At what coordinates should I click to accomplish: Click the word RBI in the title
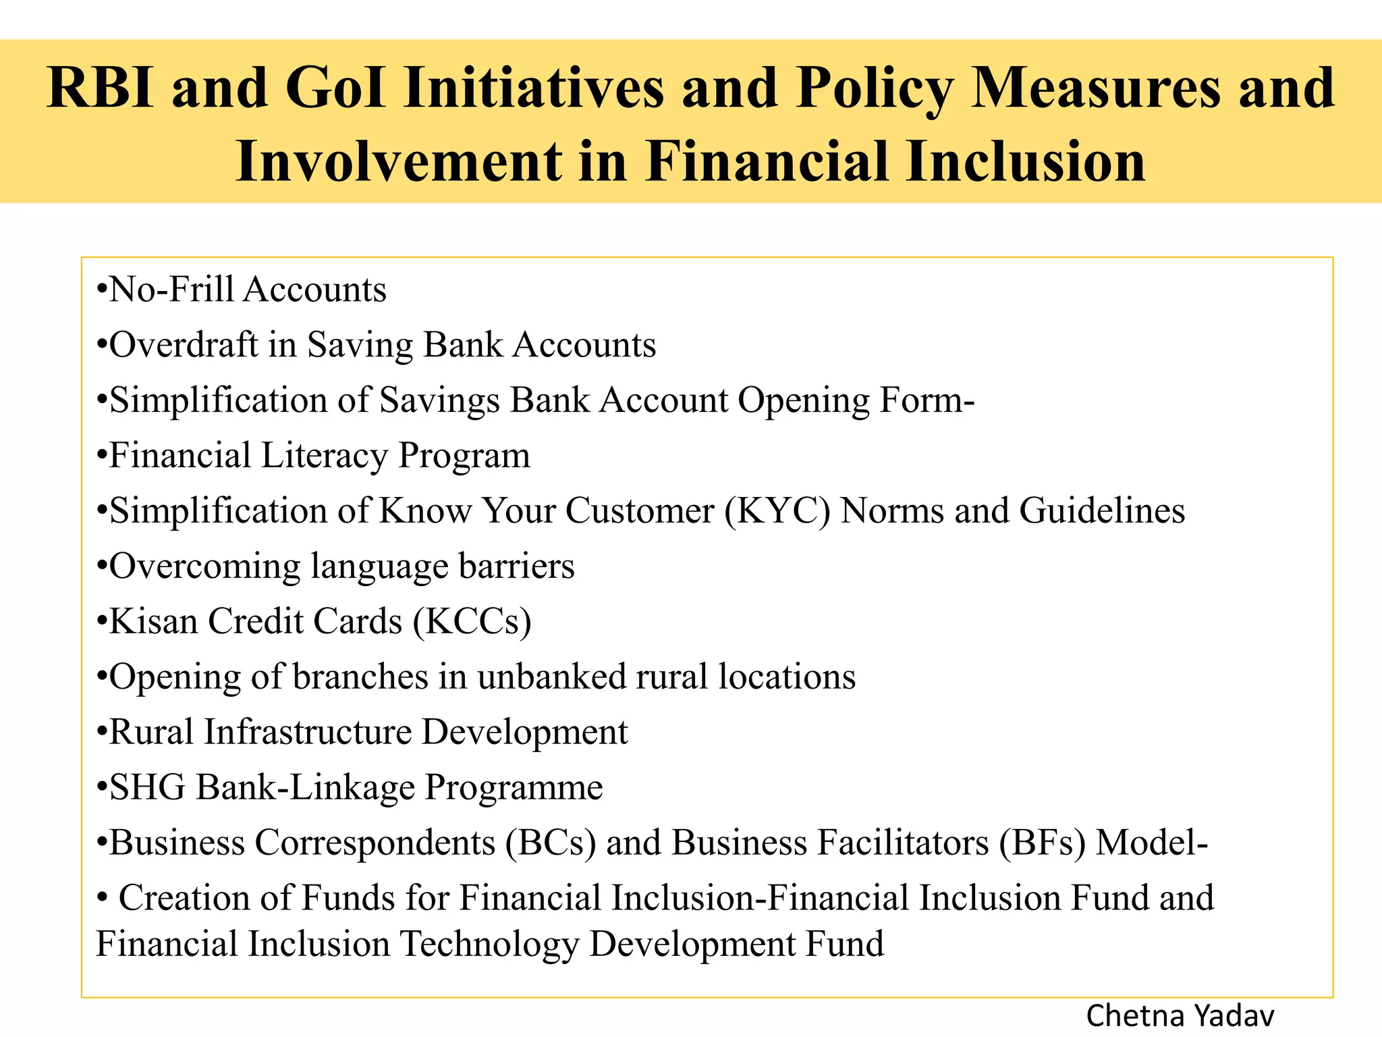[101, 89]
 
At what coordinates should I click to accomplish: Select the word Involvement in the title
[398, 162]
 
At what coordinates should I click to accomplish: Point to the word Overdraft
[184, 345]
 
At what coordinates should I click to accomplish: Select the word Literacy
[324, 456]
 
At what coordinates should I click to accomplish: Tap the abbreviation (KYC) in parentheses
[777, 511]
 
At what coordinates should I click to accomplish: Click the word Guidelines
[1102, 511]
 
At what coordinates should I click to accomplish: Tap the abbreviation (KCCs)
[472, 622]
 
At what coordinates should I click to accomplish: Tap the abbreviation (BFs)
[1043, 843]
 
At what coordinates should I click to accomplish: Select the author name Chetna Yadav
[1180, 1016]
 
